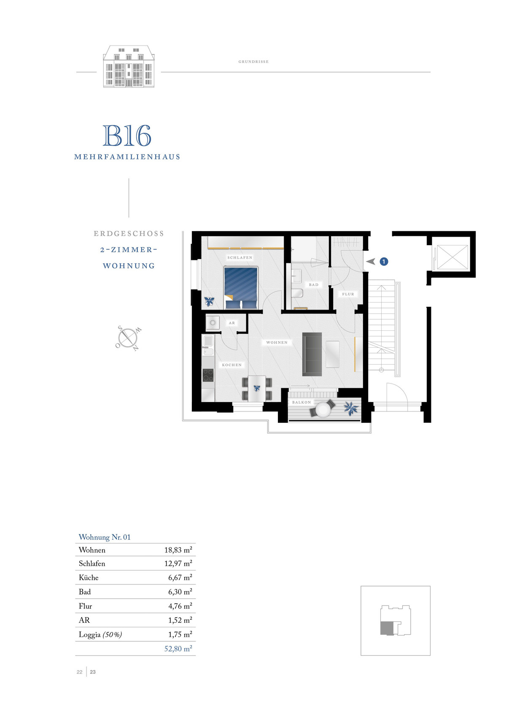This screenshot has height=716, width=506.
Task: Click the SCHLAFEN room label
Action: point(240,257)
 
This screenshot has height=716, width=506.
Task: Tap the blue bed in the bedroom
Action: point(240,287)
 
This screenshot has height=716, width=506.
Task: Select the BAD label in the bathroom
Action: point(313,284)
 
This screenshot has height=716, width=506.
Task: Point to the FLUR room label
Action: point(348,294)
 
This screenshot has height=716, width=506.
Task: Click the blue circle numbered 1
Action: point(384,262)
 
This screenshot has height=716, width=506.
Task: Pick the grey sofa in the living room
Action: point(312,354)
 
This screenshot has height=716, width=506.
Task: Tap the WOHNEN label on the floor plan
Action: point(277,342)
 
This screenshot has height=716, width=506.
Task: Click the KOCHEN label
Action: point(231,365)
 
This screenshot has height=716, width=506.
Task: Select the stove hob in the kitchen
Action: point(208,375)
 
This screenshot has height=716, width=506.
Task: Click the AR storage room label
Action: point(231,323)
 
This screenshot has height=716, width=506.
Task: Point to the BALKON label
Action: point(301,402)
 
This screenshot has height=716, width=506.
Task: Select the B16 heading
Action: point(127,135)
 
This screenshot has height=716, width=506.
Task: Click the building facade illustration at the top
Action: point(129,67)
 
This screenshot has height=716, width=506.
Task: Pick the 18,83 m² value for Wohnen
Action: point(178,550)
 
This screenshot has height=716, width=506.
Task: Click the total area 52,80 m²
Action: point(178,648)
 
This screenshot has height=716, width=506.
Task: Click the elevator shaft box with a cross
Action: point(452,257)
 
